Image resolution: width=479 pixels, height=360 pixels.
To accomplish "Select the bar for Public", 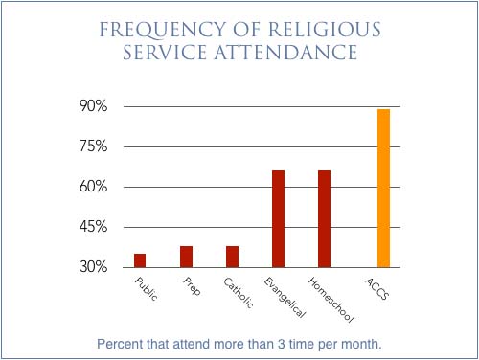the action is coord(140,260).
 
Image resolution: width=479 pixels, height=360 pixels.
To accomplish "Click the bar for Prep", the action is coord(186,257).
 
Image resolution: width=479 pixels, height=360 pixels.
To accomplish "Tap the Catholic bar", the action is coord(232,257).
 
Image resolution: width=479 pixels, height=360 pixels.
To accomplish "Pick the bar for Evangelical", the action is coord(278,219).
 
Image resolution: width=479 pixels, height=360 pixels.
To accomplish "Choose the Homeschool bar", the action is coord(324,219).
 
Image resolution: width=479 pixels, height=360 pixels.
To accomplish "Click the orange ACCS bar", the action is coord(383,189).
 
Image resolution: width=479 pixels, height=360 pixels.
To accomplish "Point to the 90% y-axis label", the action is coord(93,105).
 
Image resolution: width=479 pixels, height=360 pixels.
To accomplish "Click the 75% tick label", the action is coord(93,146).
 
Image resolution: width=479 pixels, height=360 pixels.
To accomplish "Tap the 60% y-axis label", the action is coord(93,186).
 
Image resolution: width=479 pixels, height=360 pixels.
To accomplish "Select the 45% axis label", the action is coord(93,227).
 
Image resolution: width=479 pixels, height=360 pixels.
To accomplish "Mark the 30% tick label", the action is coord(93,266).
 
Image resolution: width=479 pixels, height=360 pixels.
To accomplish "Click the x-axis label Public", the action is coord(147,289).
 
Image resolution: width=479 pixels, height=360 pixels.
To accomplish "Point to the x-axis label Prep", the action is coord(192,286).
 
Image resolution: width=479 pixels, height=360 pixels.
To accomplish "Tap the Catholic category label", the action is coord(239,293).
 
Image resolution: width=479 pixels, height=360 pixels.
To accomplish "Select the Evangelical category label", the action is coord(285,297).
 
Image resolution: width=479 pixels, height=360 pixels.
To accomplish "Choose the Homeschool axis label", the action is coord(331,300).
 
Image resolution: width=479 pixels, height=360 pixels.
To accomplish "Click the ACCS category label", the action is coord(377,288).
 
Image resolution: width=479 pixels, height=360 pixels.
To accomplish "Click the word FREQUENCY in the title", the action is coord(162,30).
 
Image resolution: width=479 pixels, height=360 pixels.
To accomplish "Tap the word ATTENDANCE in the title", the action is coord(285,53).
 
